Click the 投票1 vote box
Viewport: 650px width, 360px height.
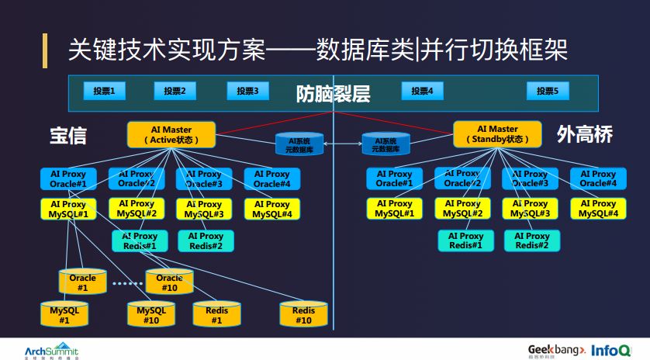point(105,92)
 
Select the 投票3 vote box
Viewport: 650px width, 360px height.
point(247,92)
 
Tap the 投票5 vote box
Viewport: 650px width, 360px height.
point(548,92)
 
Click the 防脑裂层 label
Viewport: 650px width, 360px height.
point(333,95)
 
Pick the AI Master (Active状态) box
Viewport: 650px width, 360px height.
point(171,134)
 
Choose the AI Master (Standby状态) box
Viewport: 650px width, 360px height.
point(497,134)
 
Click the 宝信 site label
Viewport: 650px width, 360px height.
point(68,136)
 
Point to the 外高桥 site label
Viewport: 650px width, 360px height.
point(585,135)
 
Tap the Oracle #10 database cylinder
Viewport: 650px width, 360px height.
point(170,282)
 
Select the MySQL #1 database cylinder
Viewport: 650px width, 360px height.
point(64,314)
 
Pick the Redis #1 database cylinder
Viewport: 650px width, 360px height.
point(217,314)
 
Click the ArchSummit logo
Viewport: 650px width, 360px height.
point(51,349)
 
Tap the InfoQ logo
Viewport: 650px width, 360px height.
point(610,350)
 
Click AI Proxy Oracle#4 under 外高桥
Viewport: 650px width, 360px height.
point(598,179)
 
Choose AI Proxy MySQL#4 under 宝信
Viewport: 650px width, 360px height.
point(271,209)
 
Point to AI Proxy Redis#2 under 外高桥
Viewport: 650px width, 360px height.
point(532,241)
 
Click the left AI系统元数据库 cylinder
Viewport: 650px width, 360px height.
point(299,144)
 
